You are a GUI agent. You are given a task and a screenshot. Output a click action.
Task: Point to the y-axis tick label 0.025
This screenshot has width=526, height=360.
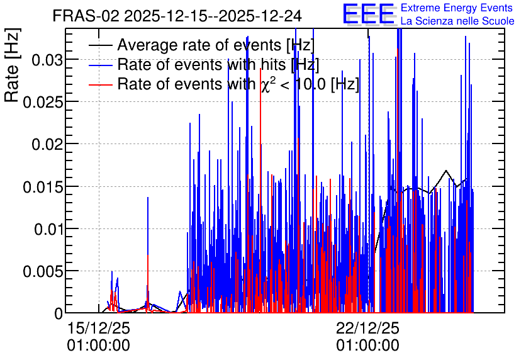43,103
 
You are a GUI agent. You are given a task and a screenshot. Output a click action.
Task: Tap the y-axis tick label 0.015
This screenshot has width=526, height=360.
43,187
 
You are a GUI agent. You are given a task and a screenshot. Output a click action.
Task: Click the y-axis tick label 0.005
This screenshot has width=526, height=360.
43,272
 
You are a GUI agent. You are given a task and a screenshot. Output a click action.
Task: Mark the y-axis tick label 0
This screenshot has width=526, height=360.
59,313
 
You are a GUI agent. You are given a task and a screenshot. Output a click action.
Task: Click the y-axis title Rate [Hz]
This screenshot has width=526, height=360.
12,65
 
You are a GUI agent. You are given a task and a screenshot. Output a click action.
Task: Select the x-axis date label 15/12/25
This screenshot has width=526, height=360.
99,328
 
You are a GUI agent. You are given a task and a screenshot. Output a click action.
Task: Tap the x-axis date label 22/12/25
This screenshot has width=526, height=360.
367,328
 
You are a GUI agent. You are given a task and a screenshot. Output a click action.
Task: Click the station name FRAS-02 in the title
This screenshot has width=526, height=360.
86,16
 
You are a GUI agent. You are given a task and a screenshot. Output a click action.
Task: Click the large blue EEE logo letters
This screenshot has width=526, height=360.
368,14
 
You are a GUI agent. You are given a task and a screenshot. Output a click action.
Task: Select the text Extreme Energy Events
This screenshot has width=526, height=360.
457,8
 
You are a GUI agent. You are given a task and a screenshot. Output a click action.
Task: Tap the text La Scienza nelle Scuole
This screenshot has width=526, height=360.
457,21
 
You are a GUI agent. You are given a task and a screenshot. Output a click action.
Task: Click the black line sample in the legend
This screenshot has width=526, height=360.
100,45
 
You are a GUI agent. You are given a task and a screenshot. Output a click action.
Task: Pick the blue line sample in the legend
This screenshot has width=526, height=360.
100,65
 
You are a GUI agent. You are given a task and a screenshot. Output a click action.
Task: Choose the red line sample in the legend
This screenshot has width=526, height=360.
100,85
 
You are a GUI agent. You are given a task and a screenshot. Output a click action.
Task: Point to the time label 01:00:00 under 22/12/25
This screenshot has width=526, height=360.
367,346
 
